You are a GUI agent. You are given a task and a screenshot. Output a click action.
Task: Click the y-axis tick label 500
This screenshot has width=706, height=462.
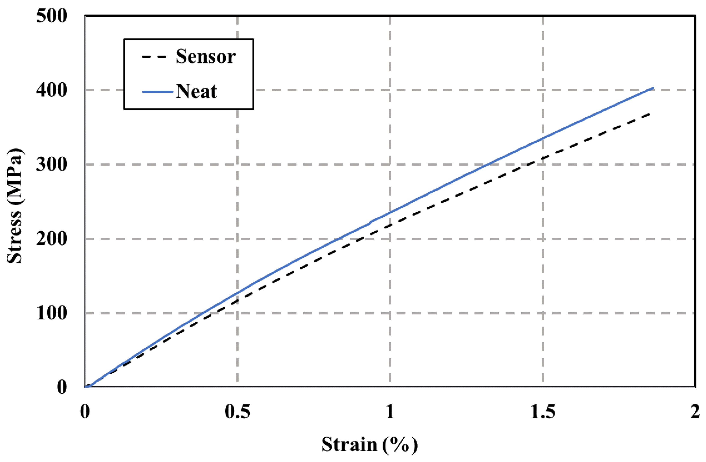click(52, 16)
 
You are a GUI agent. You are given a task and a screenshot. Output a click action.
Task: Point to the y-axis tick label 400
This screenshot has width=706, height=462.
click(52, 90)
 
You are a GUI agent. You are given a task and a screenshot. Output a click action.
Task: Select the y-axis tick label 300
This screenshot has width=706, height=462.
click(52, 165)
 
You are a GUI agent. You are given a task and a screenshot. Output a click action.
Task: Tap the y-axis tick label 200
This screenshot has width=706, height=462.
click(52, 239)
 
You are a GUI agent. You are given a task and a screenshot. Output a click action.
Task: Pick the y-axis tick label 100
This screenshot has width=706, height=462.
click(52, 313)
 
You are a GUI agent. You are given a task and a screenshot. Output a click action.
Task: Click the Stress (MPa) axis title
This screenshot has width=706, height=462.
click(14, 206)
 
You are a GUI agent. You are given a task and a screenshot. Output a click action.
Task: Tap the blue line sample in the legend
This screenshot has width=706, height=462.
click(157, 92)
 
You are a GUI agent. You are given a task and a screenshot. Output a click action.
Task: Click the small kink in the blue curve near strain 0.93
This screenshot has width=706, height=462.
click(370, 222)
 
